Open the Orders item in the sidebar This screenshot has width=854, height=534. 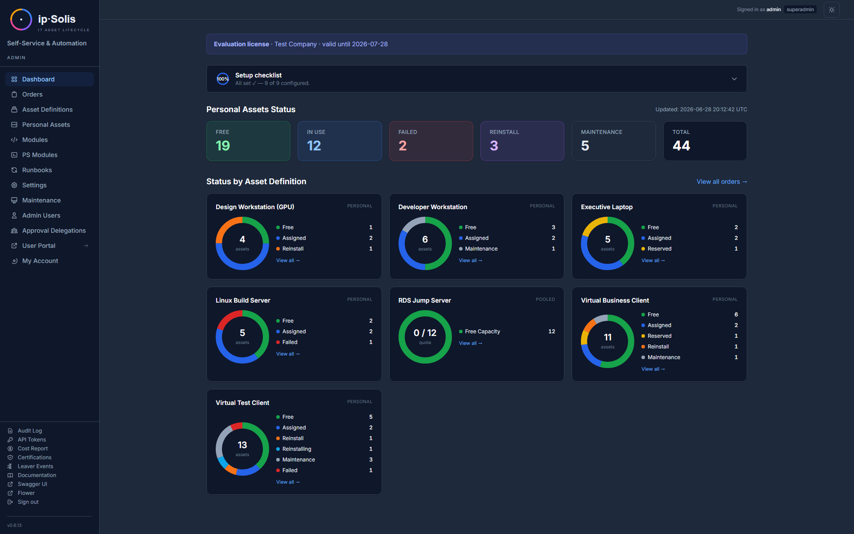pyautogui.click(x=32, y=94)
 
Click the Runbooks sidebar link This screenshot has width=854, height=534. pyautogui.click(x=37, y=170)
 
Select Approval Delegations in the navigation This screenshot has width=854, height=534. pyautogui.click(x=54, y=231)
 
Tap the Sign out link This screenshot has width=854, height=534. pyautogui.click(x=28, y=502)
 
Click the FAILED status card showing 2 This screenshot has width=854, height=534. pyautogui.click(x=431, y=141)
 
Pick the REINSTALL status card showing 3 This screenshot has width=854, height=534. pyautogui.click(x=522, y=141)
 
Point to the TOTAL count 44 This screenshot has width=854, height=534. pyautogui.click(x=681, y=146)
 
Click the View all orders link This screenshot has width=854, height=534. pyautogui.click(x=721, y=182)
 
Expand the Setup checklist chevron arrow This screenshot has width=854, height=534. pyautogui.click(x=734, y=79)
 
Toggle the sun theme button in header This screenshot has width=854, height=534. pyautogui.click(x=832, y=10)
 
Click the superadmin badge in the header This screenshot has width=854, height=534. pyautogui.click(x=800, y=9)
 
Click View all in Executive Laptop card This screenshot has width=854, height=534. pyautogui.click(x=653, y=260)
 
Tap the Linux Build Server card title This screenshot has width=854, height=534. pyautogui.click(x=243, y=300)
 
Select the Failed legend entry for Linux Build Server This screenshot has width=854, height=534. pyautogui.click(x=290, y=342)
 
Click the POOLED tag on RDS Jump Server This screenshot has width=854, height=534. pyautogui.click(x=545, y=299)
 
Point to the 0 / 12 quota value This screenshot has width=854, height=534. pyautogui.click(x=425, y=333)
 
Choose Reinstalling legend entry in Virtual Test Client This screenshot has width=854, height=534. pyautogui.click(x=297, y=449)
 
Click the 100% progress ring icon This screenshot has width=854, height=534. pyautogui.click(x=223, y=79)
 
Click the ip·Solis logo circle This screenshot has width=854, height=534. pyautogui.click(x=21, y=20)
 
